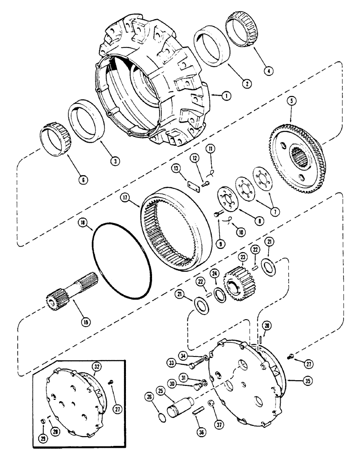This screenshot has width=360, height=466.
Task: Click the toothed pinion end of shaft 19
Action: pyautogui.click(x=57, y=298)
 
